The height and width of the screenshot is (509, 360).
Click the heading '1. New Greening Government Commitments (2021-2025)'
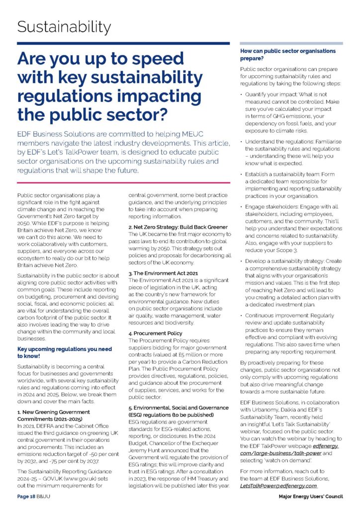coord(54,416)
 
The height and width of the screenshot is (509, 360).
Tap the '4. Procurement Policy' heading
coord(155,333)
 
